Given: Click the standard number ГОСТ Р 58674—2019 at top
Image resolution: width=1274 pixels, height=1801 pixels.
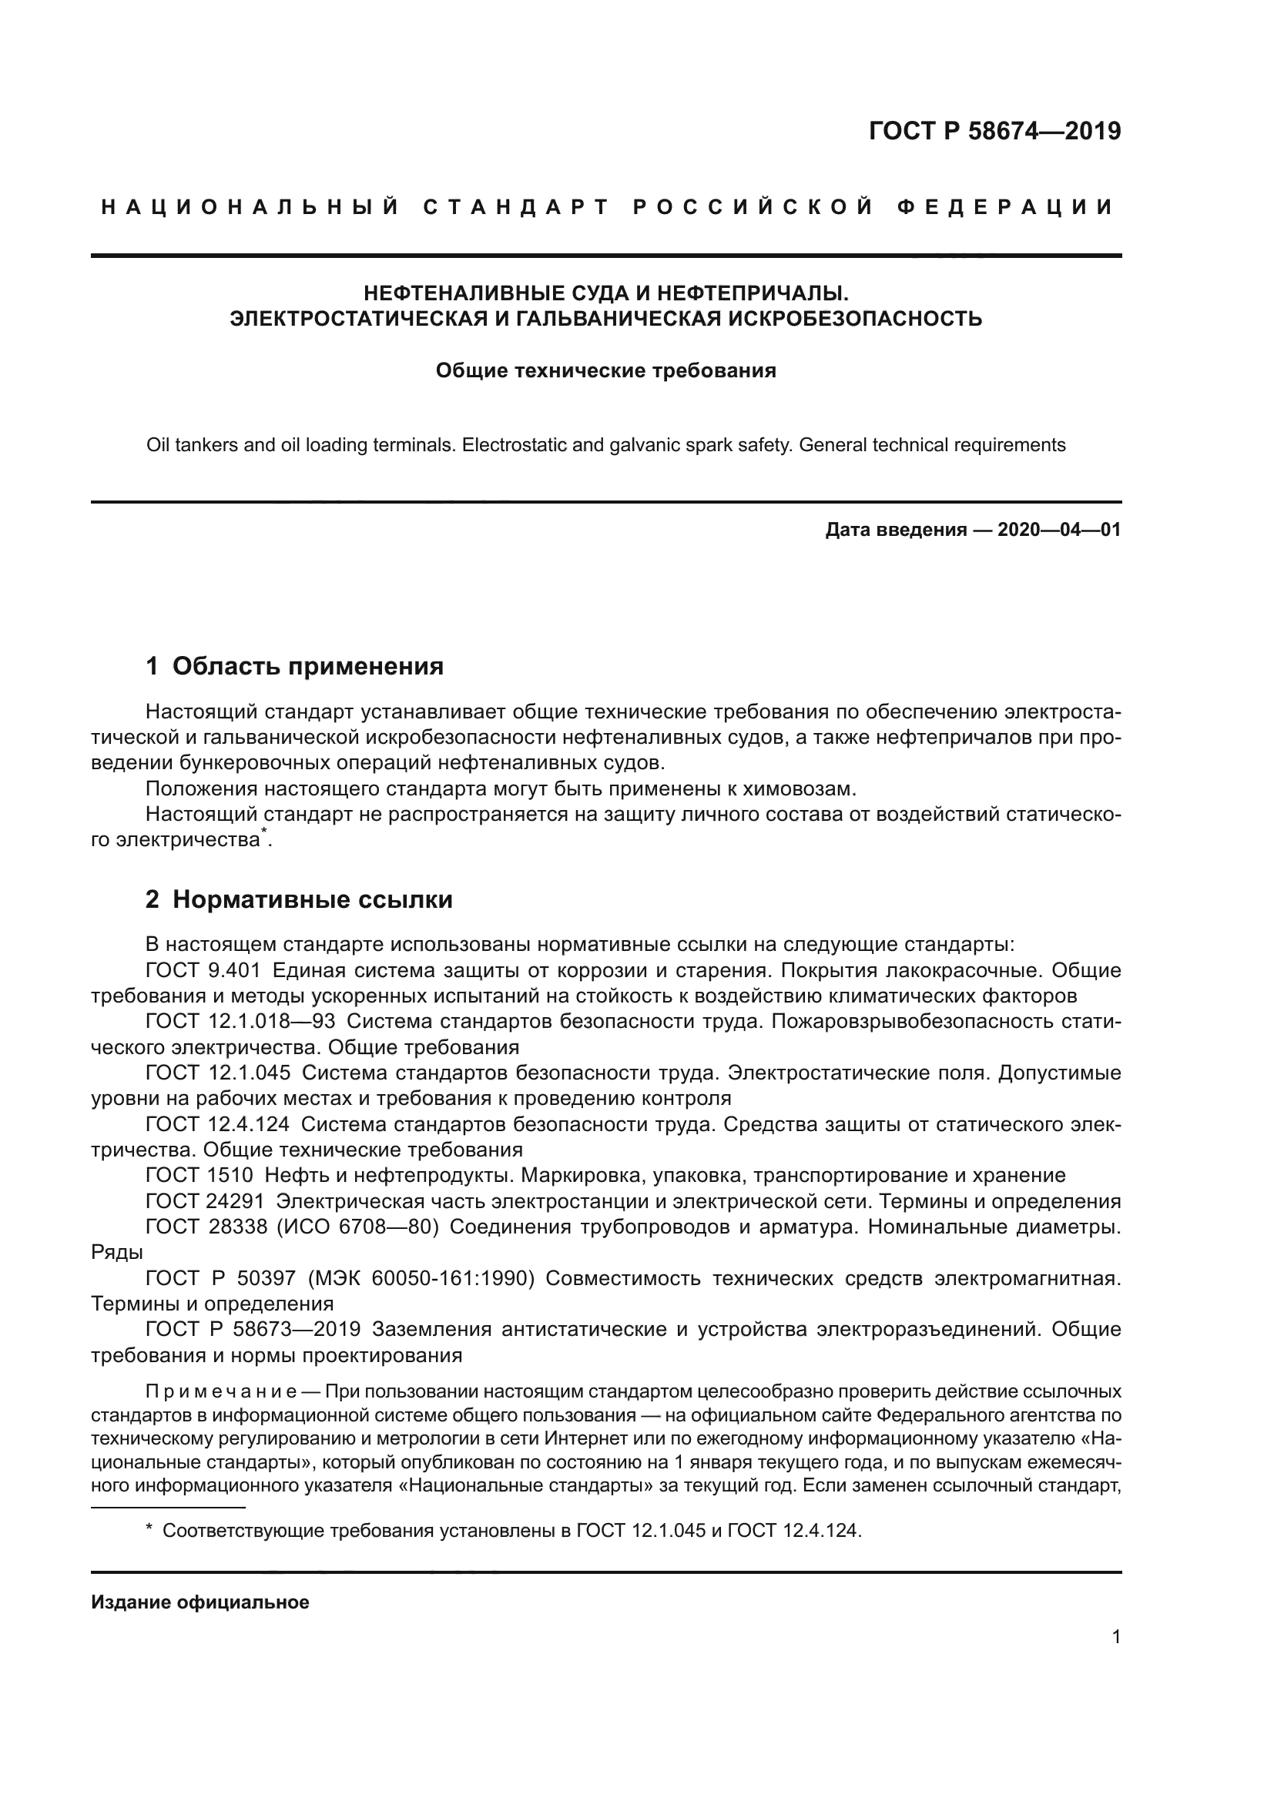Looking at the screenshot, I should click(x=994, y=131).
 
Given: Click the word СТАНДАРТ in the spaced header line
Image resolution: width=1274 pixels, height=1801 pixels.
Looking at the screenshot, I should click(x=516, y=207).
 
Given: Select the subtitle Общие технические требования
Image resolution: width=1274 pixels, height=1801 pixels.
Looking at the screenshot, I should click(x=605, y=370).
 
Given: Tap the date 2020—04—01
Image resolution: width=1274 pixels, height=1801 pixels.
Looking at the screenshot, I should click(x=1059, y=530).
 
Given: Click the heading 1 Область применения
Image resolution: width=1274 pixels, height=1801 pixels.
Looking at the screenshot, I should click(x=294, y=666).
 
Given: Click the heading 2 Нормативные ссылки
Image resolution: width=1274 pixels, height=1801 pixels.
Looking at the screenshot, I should click(x=299, y=899).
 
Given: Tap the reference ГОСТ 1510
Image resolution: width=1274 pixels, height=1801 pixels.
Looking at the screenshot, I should click(x=199, y=1175).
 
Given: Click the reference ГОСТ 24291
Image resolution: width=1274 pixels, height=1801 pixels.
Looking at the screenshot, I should click(x=205, y=1201).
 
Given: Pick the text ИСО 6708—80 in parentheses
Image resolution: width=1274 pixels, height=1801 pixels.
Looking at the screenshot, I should click(x=356, y=1227).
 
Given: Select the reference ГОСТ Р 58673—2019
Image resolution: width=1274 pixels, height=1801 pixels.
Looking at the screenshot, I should click(x=253, y=1329).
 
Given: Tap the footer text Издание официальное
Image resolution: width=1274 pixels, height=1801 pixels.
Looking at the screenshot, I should click(x=200, y=1602).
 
